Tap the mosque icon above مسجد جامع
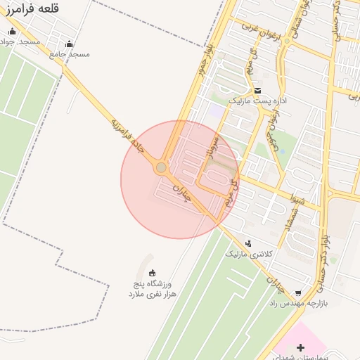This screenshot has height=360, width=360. (69, 43)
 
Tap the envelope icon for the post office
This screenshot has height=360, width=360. (257, 90)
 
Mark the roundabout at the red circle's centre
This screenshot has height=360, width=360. (161, 167)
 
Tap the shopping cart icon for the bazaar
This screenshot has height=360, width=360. (298, 292)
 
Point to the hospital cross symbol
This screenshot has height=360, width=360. (301, 347)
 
